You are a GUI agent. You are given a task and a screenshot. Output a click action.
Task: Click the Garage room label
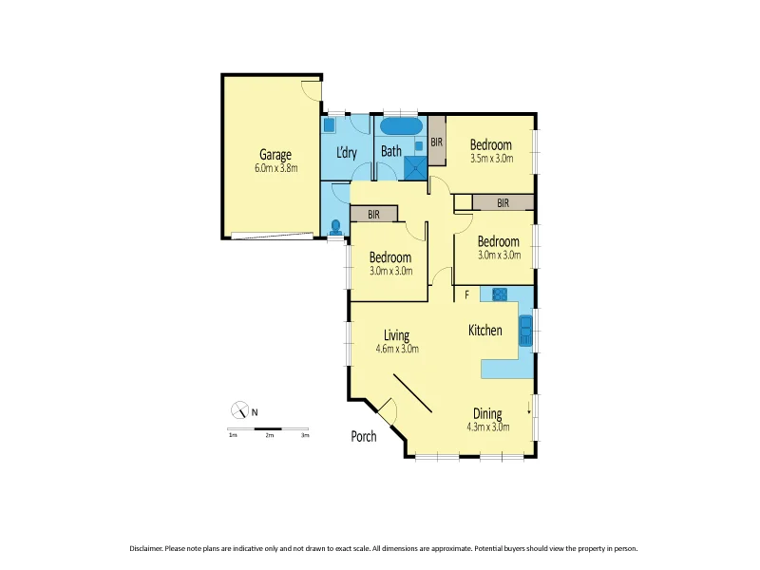click(x=275, y=155)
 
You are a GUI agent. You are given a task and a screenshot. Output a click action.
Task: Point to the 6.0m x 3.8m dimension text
click(x=275, y=168)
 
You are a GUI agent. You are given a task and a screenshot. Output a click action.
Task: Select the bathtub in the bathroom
click(x=401, y=126)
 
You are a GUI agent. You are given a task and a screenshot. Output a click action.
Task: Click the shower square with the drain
click(x=415, y=168)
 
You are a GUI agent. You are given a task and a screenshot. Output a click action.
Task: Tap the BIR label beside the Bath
click(x=436, y=142)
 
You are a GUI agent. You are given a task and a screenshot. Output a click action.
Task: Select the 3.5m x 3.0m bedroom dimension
click(x=491, y=159)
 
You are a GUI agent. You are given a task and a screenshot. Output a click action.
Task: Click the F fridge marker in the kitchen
click(x=466, y=295)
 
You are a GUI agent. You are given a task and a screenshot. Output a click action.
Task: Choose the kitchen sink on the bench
click(x=525, y=331)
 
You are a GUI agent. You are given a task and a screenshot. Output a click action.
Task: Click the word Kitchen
click(x=485, y=331)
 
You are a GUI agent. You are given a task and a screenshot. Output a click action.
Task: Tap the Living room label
click(x=396, y=335)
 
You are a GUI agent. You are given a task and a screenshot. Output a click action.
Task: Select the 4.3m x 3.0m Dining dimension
click(x=488, y=427)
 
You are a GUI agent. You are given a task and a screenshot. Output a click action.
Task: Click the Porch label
click(x=364, y=437)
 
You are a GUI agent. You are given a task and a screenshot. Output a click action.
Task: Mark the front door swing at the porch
click(x=387, y=412)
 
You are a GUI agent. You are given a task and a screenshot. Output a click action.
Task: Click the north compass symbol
click(x=239, y=410)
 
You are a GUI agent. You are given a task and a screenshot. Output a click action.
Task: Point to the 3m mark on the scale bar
click(x=305, y=435)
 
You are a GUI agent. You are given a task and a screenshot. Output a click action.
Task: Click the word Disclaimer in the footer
click(x=145, y=548)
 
